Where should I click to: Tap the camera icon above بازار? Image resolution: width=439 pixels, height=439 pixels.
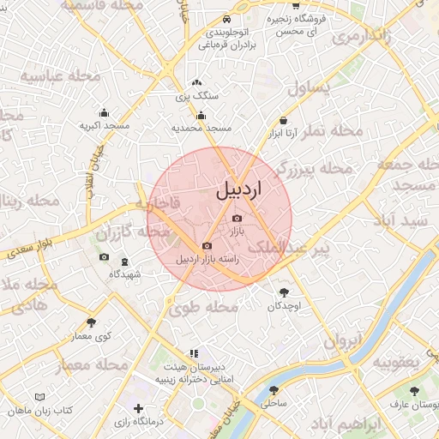(237, 219)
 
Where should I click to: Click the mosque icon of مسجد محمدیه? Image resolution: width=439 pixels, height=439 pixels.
(201, 116)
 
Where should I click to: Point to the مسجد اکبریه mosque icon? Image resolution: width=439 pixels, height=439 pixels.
(105, 112)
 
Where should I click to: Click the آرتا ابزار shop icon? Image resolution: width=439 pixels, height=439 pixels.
(284, 122)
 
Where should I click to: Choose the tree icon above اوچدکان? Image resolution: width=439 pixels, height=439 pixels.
(284, 292)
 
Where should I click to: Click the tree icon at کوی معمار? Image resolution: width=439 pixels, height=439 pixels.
(93, 322)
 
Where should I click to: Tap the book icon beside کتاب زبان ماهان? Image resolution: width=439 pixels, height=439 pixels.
(39, 397)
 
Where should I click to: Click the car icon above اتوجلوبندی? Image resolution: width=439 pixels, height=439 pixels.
(226, 19)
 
